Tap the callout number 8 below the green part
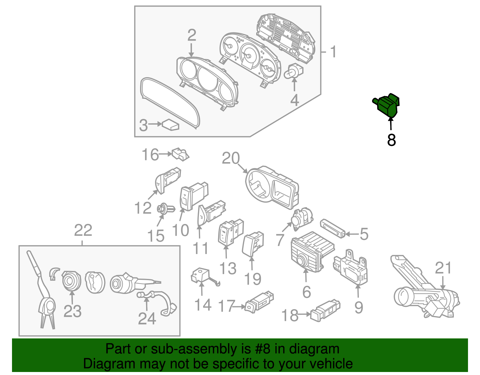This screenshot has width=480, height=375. click(391, 140)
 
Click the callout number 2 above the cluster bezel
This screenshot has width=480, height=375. click(192, 35)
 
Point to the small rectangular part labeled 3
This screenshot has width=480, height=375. click(171, 125)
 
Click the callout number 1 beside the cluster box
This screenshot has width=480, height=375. click(333, 52)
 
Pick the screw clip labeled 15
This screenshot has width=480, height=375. click(165, 208)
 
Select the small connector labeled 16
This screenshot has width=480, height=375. click(181, 154)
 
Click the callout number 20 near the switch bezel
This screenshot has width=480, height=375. click(231, 158)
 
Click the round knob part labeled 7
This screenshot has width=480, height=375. click(301, 218)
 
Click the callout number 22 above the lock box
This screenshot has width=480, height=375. click(83, 231)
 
